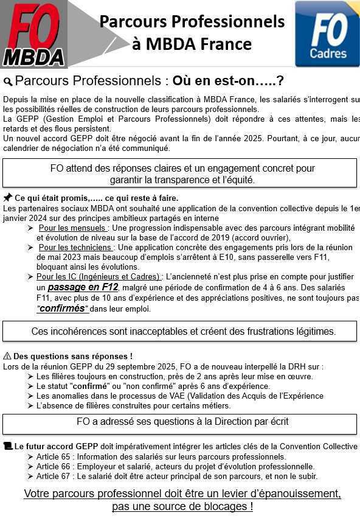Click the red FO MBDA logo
coord(33,33)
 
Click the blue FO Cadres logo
coord(327,33)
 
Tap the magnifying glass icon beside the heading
coord(8,82)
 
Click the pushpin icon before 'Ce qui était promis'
coord(7,198)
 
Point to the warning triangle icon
coord(7,356)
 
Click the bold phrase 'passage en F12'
coord(83,287)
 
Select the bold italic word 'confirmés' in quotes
coord(63,309)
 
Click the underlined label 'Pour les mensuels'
coord(72,228)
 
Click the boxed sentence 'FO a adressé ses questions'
coord(182,421)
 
